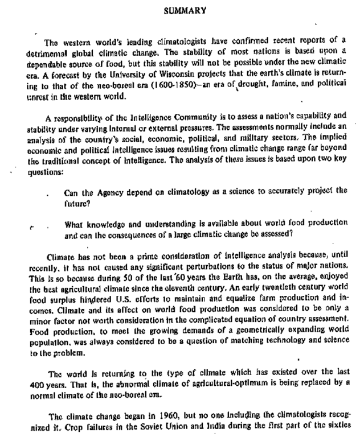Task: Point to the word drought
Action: tap(214, 88)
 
